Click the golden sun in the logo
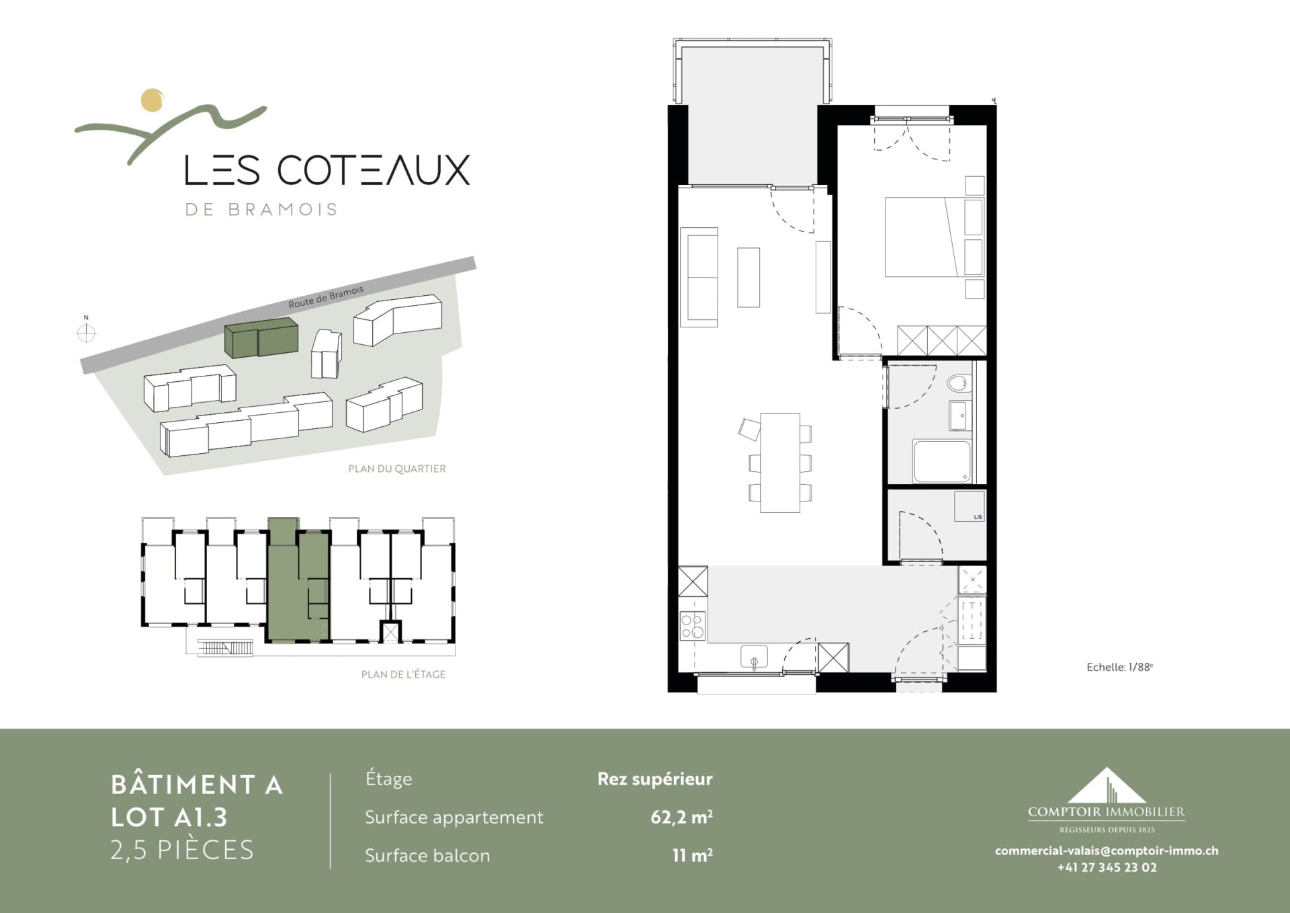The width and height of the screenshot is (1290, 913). [x=153, y=100]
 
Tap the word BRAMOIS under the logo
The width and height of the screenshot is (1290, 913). [x=282, y=210]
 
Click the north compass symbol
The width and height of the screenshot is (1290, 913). [x=86, y=332]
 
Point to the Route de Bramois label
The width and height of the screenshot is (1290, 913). [x=326, y=296]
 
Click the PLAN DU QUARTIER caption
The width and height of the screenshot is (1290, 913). [x=396, y=469]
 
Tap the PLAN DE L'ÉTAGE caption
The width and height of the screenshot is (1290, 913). [x=403, y=674]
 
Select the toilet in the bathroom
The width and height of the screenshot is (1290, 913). [x=957, y=384]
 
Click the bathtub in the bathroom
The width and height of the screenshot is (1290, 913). [x=942, y=461]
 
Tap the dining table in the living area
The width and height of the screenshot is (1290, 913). [x=780, y=463]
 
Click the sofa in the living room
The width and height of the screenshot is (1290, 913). [x=699, y=277]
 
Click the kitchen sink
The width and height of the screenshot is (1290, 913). [x=754, y=657]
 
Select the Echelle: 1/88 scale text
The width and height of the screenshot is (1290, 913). [x=1120, y=667]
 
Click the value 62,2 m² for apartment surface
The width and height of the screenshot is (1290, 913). [x=681, y=817]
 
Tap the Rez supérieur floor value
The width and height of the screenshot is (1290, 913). [x=655, y=779]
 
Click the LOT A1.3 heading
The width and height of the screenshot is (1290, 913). [x=169, y=818]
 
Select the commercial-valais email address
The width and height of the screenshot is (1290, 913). [x=1107, y=850]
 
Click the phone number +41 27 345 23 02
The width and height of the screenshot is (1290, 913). [x=1107, y=867]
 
